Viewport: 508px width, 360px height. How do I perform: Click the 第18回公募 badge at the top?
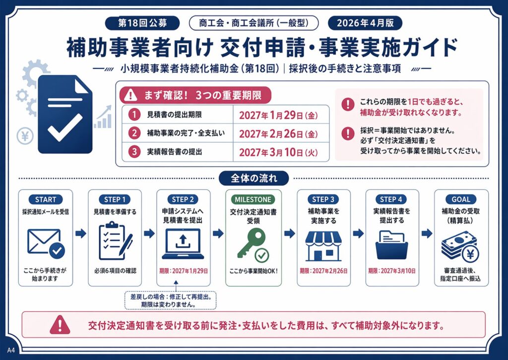(x=142, y=23)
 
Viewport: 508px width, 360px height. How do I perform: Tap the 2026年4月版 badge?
(x=365, y=23)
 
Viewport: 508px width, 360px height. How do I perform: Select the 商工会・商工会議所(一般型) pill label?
(x=254, y=23)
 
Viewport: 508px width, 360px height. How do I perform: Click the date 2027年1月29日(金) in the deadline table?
(x=278, y=115)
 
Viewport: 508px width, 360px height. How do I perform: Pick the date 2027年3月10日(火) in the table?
(x=278, y=152)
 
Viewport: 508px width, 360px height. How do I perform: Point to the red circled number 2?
(x=134, y=133)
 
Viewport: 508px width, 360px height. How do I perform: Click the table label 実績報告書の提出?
(x=174, y=152)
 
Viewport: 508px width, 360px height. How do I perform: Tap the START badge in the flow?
(x=46, y=200)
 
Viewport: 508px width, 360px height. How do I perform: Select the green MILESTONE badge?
(x=253, y=200)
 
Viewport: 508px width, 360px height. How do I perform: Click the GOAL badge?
(x=461, y=200)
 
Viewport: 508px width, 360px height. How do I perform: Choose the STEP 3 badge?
(x=323, y=200)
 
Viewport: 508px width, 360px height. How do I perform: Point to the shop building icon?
(x=323, y=246)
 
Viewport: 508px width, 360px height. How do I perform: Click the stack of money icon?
(x=460, y=246)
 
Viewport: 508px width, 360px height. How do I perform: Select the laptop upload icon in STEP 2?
(x=183, y=244)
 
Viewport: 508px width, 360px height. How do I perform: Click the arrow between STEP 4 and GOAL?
(x=427, y=233)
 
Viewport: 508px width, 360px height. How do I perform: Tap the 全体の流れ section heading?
(x=254, y=178)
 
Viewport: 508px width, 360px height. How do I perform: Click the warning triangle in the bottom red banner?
(x=60, y=325)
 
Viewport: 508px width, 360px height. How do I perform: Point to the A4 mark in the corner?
(x=11, y=350)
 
